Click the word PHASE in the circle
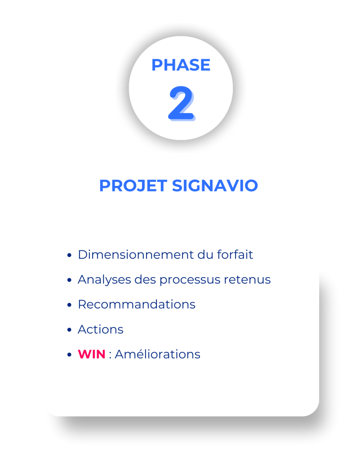coord(181,65)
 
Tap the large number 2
coord(182,103)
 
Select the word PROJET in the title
coord(133,186)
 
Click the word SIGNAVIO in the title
coord(215,186)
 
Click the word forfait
coord(235,254)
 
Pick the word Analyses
coord(104,280)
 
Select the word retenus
coord(247,279)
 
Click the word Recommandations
coord(137,305)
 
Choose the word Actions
coord(100,329)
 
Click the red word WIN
coord(92,354)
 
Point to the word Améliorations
coord(158,354)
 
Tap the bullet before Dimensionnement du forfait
coord(69,255)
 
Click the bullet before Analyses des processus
coord(69,280)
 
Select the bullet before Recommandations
coord(69,305)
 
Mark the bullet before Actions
coord(69,330)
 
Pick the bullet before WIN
coord(69,355)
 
